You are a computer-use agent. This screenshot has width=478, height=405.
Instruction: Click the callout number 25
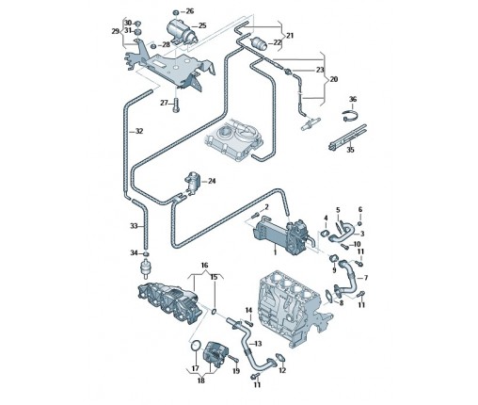[x=202, y=25]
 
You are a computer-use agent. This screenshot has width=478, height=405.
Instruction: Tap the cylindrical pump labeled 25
[x=182, y=31]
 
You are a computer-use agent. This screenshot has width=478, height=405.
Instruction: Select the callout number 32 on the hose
[x=138, y=131]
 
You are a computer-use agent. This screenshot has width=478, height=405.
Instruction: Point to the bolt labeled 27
[x=176, y=105]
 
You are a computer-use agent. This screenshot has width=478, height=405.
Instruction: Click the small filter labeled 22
[x=260, y=43]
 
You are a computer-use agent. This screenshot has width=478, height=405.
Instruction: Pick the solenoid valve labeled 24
[x=192, y=183]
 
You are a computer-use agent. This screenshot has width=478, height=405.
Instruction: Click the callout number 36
[x=353, y=99]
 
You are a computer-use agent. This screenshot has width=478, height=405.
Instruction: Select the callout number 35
[x=350, y=150]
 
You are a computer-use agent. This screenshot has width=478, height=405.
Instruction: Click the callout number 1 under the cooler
[x=275, y=252]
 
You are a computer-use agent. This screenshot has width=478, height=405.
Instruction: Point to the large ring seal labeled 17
[x=196, y=346]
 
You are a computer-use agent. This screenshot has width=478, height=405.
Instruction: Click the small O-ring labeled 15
[x=214, y=312]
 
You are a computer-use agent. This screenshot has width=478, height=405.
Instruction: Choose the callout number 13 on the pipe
[x=258, y=344]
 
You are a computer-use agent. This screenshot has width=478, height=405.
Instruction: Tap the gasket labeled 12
[x=279, y=357]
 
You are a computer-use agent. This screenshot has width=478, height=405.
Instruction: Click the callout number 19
[x=236, y=371]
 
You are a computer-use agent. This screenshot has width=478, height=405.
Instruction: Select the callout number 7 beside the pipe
[x=365, y=278]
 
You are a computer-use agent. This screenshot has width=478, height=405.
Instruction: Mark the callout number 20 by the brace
[x=334, y=79]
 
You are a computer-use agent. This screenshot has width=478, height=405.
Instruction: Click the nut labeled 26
[x=176, y=12]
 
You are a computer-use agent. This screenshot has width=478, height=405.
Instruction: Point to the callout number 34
[x=134, y=252]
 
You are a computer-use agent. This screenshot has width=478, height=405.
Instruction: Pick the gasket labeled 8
[x=328, y=296]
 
